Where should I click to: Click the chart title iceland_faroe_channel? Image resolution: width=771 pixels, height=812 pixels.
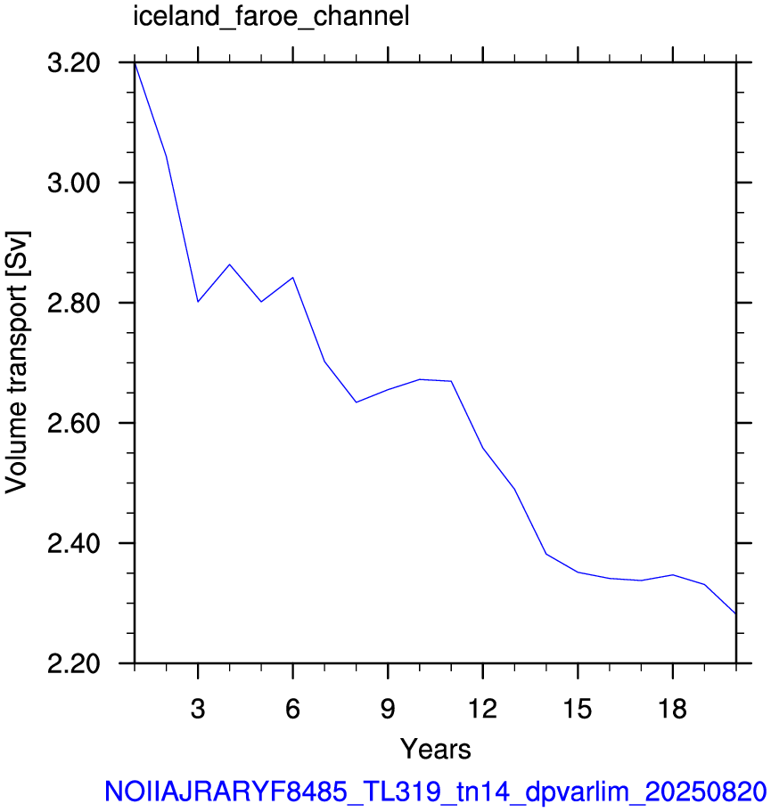click(271, 17)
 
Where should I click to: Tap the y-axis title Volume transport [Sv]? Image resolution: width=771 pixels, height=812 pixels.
click(16, 362)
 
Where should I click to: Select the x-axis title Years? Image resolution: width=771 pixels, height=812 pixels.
click(435, 749)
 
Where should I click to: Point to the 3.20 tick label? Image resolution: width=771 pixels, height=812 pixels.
click(74, 63)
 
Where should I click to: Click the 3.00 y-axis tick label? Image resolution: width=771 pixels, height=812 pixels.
click(74, 183)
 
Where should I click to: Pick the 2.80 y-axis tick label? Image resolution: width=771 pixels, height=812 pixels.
click(74, 303)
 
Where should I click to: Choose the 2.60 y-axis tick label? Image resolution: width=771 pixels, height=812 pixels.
click(74, 423)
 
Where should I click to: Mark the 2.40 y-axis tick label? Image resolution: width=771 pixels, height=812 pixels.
click(74, 543)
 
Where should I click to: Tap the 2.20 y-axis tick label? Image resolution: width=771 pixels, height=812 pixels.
click(74, 663)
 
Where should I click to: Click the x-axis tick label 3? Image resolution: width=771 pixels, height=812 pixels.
click(198, 709)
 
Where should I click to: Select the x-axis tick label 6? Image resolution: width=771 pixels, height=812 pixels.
click(293, 709)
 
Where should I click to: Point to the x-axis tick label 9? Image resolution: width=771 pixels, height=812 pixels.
click(388, 709)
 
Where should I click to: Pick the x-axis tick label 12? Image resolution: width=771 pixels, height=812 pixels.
click(483, 709)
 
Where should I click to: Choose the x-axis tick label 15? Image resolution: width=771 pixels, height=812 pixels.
click(578, 709)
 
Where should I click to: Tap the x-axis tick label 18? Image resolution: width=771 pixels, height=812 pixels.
click(672, 709)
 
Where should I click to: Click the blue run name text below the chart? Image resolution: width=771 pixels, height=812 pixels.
click(436, 792)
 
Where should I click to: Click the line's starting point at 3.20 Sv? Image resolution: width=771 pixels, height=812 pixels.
click(135, 62)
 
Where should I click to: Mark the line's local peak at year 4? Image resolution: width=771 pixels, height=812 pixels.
click(230, 264)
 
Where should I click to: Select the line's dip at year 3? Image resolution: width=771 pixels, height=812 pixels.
click(198, 302)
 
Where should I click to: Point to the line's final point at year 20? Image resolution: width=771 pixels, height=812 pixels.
click(735, 613)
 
